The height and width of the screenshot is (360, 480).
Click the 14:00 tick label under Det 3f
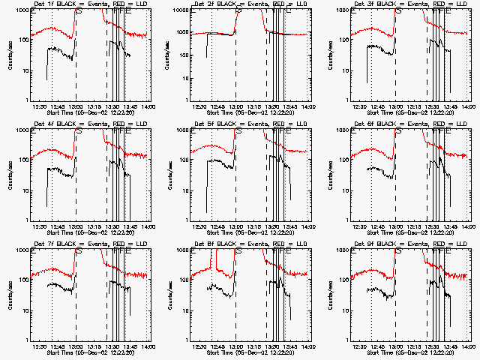[468, 106]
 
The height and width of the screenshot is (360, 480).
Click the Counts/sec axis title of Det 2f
[169, 55]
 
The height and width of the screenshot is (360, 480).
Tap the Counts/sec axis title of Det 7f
[10, 295]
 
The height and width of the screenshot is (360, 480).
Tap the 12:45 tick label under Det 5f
[218, 226]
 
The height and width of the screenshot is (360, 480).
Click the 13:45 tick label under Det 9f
[450, 346]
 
